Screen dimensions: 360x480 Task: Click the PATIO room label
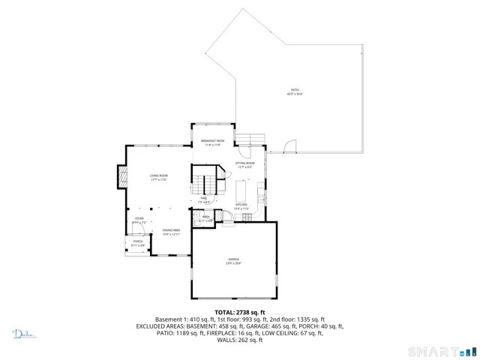point(294,91)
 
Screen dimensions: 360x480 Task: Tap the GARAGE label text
point(235,260)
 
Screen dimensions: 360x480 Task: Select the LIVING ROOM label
point(157,176)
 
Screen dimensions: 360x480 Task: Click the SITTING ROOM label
point(245,164)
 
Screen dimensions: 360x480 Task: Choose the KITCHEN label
point(241,205)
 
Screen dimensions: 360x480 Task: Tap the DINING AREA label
point(171,231)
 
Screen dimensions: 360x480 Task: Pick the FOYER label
point(138,220)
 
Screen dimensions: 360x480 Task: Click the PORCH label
point(138,242)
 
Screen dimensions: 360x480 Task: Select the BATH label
point(206,218)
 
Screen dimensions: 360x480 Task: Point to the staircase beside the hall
point(204,183)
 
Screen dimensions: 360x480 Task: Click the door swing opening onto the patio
point(292,144)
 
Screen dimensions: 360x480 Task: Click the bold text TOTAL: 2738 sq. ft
point(239,312)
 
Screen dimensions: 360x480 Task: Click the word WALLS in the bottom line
point(226,340)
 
